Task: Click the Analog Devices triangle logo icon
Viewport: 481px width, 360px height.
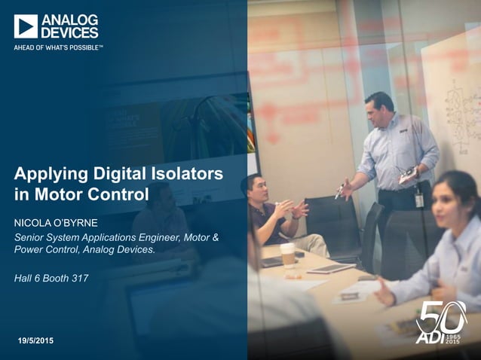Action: [26, 26]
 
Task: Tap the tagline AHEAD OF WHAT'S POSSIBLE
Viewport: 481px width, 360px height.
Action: [58, 47]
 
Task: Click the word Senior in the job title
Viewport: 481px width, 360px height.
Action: [31, 238]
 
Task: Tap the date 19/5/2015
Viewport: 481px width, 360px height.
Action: [35, 343]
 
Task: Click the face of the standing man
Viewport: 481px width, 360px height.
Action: [378, 110]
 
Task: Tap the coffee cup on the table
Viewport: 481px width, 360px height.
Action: [287, 255]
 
